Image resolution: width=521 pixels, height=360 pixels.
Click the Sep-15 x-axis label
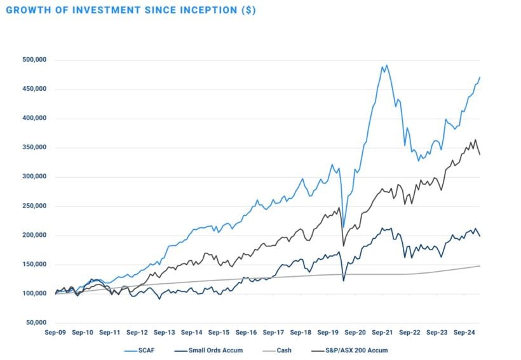[219, 332]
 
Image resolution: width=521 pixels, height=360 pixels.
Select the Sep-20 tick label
[355, 332]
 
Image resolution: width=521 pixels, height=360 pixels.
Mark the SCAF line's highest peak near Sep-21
[387, 65]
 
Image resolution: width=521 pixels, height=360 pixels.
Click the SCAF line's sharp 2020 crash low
[344, 227]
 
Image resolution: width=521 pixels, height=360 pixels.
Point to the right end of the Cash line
[480, 265]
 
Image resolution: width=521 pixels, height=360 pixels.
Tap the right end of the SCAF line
[480, 77]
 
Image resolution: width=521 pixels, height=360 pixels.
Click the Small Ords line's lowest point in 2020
[344, 280]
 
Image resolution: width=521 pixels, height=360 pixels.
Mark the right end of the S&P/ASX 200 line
[480, 154]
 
